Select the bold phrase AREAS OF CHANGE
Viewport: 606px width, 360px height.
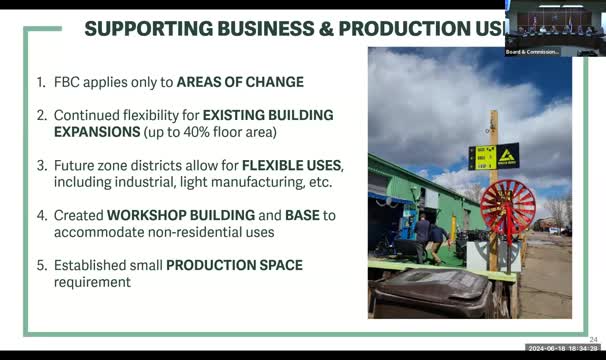tap(241, 82)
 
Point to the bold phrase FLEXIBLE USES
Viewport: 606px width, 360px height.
tap(292, 165)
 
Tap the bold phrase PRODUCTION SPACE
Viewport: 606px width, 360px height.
tap(234, 265)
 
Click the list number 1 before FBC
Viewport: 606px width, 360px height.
tap(40, 82)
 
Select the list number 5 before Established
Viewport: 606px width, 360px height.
tap(40, 265)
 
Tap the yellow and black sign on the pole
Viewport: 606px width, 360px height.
tap(494, 156)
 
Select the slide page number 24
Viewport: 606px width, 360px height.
tap(593, 340)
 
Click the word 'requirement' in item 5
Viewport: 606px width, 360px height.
tap(92, 282)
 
